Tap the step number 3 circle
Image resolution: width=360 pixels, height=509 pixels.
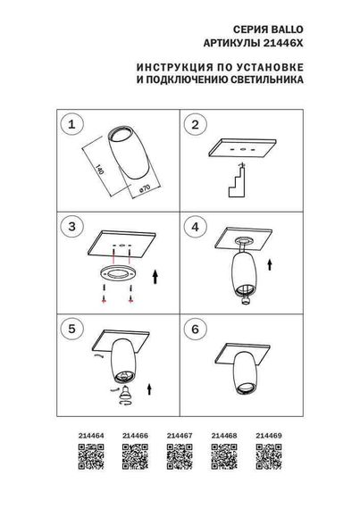[74, 227]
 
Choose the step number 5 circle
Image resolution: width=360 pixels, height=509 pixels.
[74, 329]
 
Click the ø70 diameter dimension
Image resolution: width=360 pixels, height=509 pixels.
[141, 190]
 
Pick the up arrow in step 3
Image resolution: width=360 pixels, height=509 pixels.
[156, 276]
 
